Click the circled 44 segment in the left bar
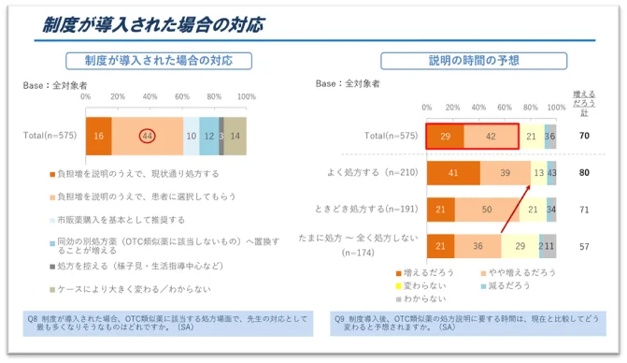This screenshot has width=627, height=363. [x=147, y=136]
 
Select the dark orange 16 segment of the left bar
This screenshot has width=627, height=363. [x=98, y=136]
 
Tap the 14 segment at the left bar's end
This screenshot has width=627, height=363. [x=235, y=136]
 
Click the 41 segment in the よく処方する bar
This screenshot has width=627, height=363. [x=453, y=173]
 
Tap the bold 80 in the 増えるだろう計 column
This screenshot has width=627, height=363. [x=584, y=173]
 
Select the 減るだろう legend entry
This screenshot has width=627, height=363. [x=508, y=284]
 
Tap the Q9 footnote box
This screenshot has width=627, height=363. [x=467, y=323]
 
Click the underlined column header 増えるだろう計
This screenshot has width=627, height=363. [x=583, y=101]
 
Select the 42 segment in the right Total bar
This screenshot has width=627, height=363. [x=492, y=137]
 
